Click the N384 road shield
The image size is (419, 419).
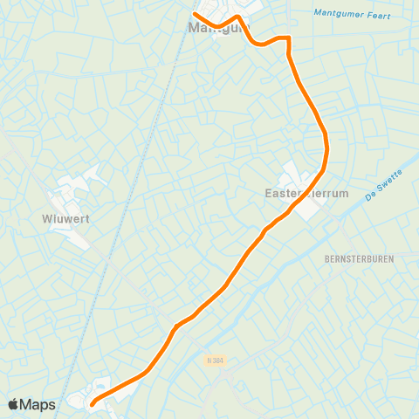coord(216,359)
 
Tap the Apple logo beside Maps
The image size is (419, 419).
coord(15,404)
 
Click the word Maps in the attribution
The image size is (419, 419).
coord(38,404)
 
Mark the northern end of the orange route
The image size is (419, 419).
coord(195,15)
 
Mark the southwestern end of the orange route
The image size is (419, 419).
coord(92,402)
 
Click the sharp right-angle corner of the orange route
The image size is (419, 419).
coord(287,38)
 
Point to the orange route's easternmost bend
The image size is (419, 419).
coord(326,148)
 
